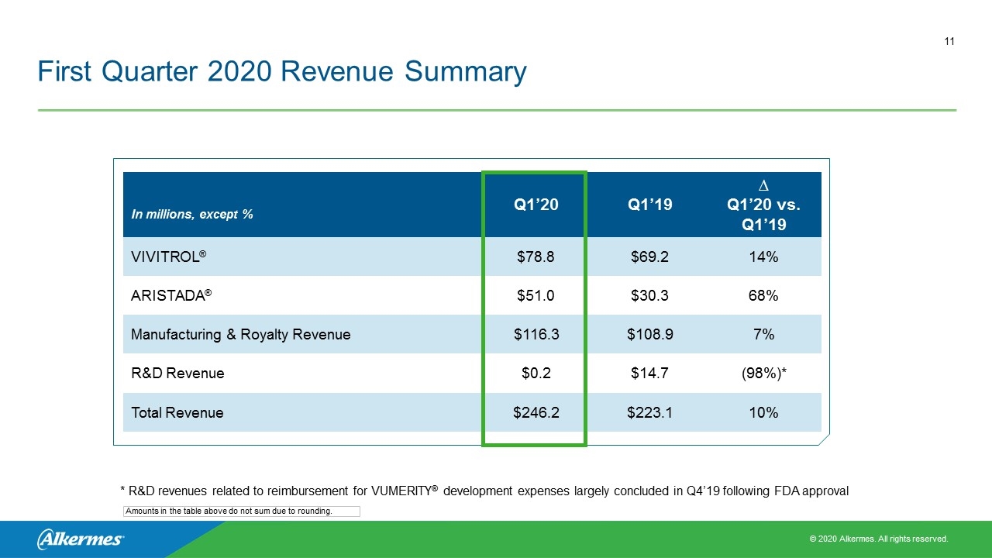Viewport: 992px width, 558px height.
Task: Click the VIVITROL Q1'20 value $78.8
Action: [536, 257]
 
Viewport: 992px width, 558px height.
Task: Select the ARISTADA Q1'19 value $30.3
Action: [649, 295]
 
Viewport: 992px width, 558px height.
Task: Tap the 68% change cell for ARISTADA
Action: [763, 295]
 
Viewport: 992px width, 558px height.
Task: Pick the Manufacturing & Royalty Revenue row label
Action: [240, 334]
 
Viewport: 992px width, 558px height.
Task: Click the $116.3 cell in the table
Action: [536, 334]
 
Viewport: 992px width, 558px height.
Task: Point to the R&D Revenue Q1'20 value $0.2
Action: [536, 374]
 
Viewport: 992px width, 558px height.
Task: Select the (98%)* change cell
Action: [764, 374]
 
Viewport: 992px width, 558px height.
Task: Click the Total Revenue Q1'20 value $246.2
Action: [536, 413]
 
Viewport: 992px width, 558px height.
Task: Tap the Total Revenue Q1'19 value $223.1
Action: [649, 413]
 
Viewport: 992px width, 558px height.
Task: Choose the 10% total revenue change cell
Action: [763, 413]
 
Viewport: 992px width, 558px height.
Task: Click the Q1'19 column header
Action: [649, 205]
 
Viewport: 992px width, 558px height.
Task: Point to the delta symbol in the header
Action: [763, 185]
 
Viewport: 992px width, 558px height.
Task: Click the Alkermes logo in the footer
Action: [80, 539]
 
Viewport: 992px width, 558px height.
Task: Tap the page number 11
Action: [949, 42]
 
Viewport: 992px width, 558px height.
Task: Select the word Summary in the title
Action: [466, 72]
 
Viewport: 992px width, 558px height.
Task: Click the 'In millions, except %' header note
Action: [191, 215]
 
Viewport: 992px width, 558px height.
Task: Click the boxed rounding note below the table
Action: [241, 511]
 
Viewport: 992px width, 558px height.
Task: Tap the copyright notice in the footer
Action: [879, 539]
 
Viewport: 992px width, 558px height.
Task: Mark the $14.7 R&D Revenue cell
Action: [649, 374]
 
